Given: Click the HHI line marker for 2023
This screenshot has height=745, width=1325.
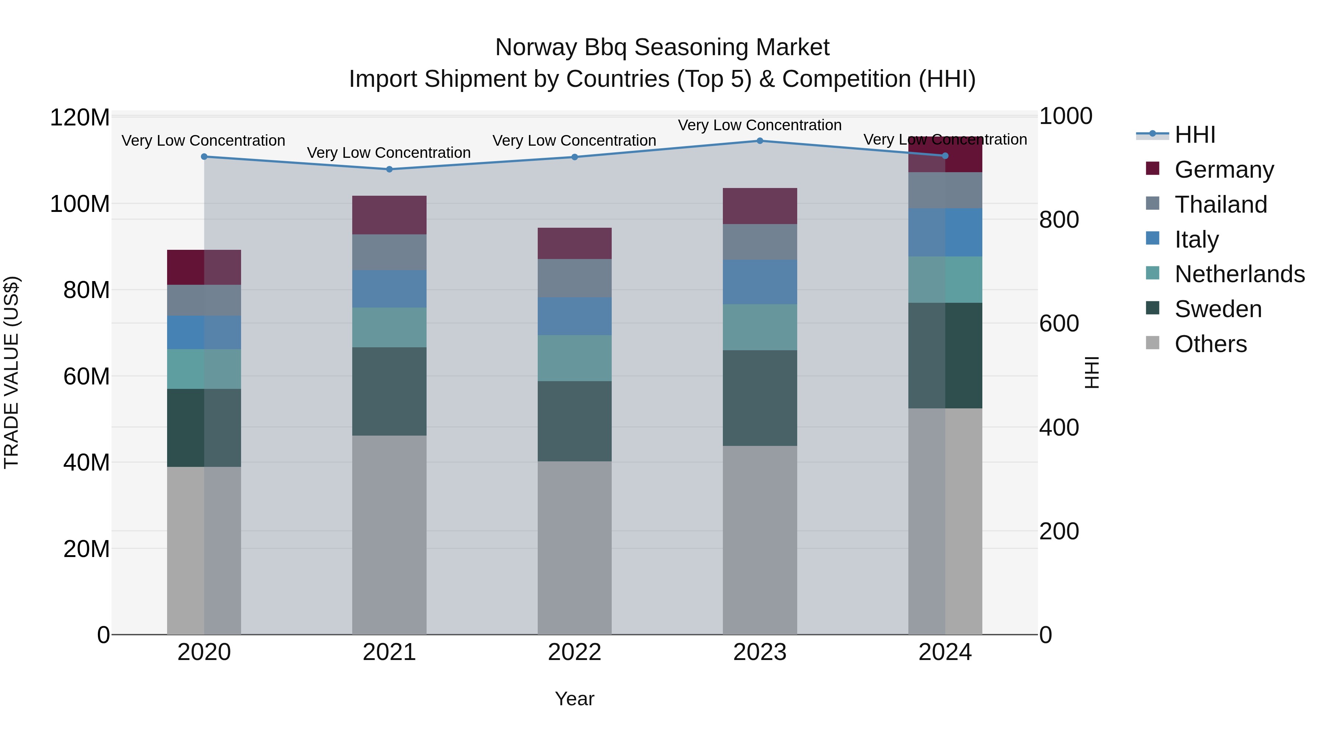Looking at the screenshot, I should pyautogui.click(x=760, y=141).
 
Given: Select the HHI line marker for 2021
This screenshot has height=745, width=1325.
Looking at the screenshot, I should pyautogui.click(x=389, y=169).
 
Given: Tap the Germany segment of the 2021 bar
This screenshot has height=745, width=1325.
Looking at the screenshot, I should pyautogui.click(x=389, y=215).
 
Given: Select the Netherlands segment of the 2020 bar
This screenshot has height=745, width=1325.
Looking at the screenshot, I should pyautogui.click(x=204, y=369).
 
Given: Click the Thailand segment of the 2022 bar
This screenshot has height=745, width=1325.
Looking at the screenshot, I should pyautogui.click(x=575, y=278).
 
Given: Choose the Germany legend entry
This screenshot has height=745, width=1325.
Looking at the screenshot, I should pyautogui.click(x=1224, y=170).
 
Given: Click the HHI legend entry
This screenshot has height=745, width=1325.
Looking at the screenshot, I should pyautogui.click(x=1195, y=135).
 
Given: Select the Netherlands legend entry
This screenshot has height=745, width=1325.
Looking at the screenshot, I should pyautogui.click(x=1239, y=274).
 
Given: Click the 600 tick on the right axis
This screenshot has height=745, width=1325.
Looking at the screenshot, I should pyautogui.click(x=1059, y=324).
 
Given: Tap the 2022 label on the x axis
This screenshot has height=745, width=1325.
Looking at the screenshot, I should pyautogui.click(x=575, y=652).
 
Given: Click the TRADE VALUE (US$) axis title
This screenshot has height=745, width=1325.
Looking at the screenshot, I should pyautogui.click(x=11, y=372).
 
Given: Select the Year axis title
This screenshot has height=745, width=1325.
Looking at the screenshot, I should pyautogui.click(x=575, y=699).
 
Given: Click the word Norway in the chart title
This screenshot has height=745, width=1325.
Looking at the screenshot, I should pyautogui.click(x=536, y=47).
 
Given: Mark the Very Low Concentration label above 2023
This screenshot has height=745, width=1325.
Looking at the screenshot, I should pyautogui.click(x=760, y=125).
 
